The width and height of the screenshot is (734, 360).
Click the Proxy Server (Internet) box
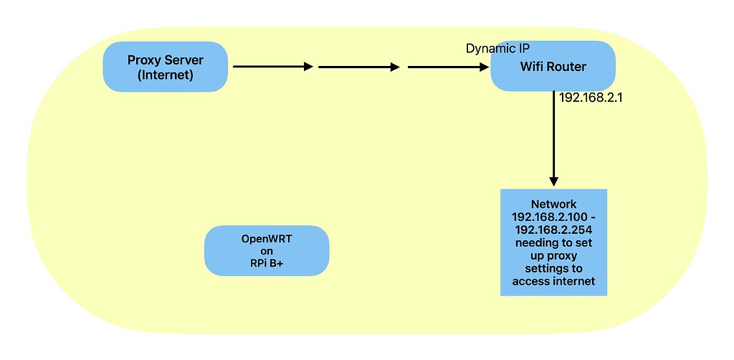[x=166, y=67]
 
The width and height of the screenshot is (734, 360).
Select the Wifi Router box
[x=553, y=66]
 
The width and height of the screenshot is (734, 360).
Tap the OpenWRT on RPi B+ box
[x=267, y=251]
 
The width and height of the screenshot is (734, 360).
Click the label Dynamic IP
[x=498, y=48]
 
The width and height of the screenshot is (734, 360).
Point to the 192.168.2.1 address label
[x=590, y=98]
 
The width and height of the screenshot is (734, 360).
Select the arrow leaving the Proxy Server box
[x=273, y=67]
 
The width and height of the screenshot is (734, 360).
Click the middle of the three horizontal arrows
[x=358, y=67]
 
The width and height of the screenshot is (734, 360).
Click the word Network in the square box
[x=553, y=204]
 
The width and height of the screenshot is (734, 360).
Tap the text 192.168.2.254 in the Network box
[x=553, y=230]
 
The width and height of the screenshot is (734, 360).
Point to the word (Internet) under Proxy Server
[x=166, y=75]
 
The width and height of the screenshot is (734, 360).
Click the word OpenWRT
[x=267, y=238]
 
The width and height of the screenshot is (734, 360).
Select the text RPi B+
[x=267, y=264]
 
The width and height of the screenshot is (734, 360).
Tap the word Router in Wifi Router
[x=566, y=67]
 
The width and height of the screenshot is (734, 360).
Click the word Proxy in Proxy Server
[x=144, y=60]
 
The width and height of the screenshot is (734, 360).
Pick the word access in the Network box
[x=529, y=281]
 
